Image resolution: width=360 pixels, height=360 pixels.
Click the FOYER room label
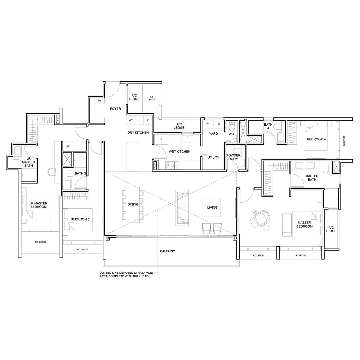point(115,109)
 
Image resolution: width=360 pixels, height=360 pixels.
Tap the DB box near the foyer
point(100,101)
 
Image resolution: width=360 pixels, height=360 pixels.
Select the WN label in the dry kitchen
point(130,120)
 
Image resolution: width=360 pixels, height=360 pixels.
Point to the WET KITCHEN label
point(179,152)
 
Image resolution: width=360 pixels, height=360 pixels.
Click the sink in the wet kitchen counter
point(186,139)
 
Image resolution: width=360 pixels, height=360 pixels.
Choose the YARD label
point(213,134)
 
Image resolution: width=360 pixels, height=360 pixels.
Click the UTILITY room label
point(213,157)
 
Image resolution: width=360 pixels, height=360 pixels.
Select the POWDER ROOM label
point(233,157)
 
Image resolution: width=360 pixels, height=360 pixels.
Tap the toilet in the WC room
point(231,128)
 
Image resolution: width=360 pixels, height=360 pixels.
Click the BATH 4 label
point(268,126)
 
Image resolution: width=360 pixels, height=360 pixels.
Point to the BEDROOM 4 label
point(316,139)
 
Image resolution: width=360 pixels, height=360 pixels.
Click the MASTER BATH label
point(312,178)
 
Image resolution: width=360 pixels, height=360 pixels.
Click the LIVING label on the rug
point(212,208)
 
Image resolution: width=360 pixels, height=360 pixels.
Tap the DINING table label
point(133,204)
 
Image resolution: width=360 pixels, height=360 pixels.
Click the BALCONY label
point(167,251)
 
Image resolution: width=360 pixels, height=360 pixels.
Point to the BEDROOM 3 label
point(80,219)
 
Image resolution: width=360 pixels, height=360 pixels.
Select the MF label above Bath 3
point(68,146)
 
